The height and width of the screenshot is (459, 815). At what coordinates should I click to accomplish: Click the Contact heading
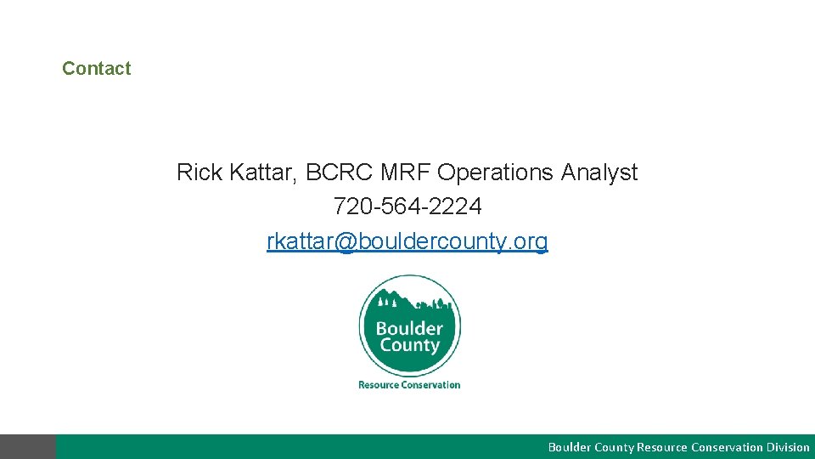(x=96, y=69)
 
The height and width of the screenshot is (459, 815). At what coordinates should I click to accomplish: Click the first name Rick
(x=197, y=173)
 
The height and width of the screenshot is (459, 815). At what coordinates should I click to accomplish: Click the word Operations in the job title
(x=495, y=173)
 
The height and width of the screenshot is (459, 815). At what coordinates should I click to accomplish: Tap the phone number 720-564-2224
(x=407, y=207)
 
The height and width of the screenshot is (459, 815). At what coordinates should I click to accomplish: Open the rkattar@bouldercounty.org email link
(x=407, y=241)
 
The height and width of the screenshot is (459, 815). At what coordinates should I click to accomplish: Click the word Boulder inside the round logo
(x=409, y=328)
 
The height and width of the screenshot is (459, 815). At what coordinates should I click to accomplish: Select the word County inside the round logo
(x=409, y=346)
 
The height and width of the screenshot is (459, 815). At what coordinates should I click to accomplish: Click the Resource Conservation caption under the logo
(x=409, y=385)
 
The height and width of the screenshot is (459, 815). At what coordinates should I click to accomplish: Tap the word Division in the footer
(x=788, y=447)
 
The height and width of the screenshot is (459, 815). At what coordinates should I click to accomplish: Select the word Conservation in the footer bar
(x=726, y=447)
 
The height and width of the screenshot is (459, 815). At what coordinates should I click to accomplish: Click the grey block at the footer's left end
(x=28, y=447)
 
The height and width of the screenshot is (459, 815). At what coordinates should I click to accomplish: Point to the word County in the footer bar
(x=614, y=447)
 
